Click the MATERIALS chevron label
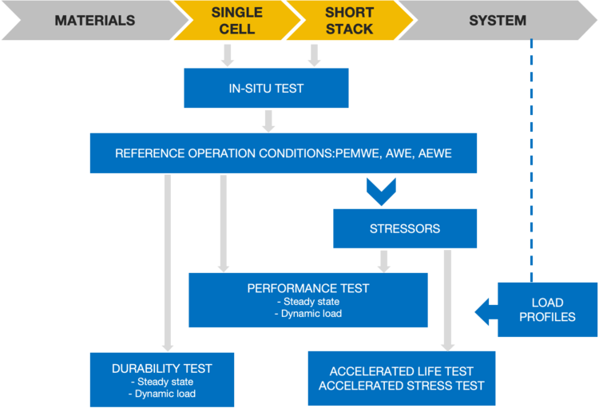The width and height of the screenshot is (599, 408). pos(95,20)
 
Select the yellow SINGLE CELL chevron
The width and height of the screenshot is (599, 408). pos(237,20)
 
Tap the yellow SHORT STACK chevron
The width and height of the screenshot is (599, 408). pos(350,20)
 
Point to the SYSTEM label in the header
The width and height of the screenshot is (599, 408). pos(498,20)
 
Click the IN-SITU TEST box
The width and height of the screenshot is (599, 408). pos(266,88)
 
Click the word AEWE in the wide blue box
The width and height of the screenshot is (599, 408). pos(434,153)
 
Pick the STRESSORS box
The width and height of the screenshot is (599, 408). pos(405,228)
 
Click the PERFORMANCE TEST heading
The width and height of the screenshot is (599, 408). pos(308,288)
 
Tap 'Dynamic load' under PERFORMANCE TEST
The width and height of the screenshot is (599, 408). pos(308,314)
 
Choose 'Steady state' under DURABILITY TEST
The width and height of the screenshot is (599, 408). pos(162,382)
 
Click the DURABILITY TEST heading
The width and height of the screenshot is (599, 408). pos(162,368)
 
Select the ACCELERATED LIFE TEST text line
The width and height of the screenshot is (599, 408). pos(402,371)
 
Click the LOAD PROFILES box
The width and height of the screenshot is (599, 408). pos(547,310)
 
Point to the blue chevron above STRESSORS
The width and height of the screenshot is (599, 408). pos(381,192)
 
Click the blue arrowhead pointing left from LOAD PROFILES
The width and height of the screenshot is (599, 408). pos(486,311)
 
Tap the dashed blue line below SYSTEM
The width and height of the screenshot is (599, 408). pos(531,160)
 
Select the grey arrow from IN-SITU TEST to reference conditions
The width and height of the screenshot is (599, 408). pos(268,121)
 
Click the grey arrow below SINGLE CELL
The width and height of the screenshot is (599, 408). pos(228,55)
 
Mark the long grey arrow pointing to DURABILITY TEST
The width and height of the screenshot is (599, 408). pos(168,263)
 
